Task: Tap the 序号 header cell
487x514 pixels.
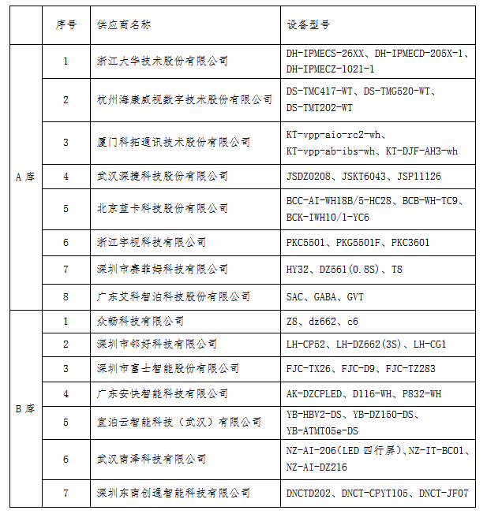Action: tap(66, 25)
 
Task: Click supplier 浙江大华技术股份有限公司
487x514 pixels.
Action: tap(161, 61)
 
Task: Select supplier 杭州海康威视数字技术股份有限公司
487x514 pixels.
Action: tap(183, 100)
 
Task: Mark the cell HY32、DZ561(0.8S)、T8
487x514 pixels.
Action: tap(344, 270)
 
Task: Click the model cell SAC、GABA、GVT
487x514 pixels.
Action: tap(325, 297)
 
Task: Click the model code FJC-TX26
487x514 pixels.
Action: tap(309, 369)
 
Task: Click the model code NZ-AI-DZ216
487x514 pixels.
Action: tap(317, 467)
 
